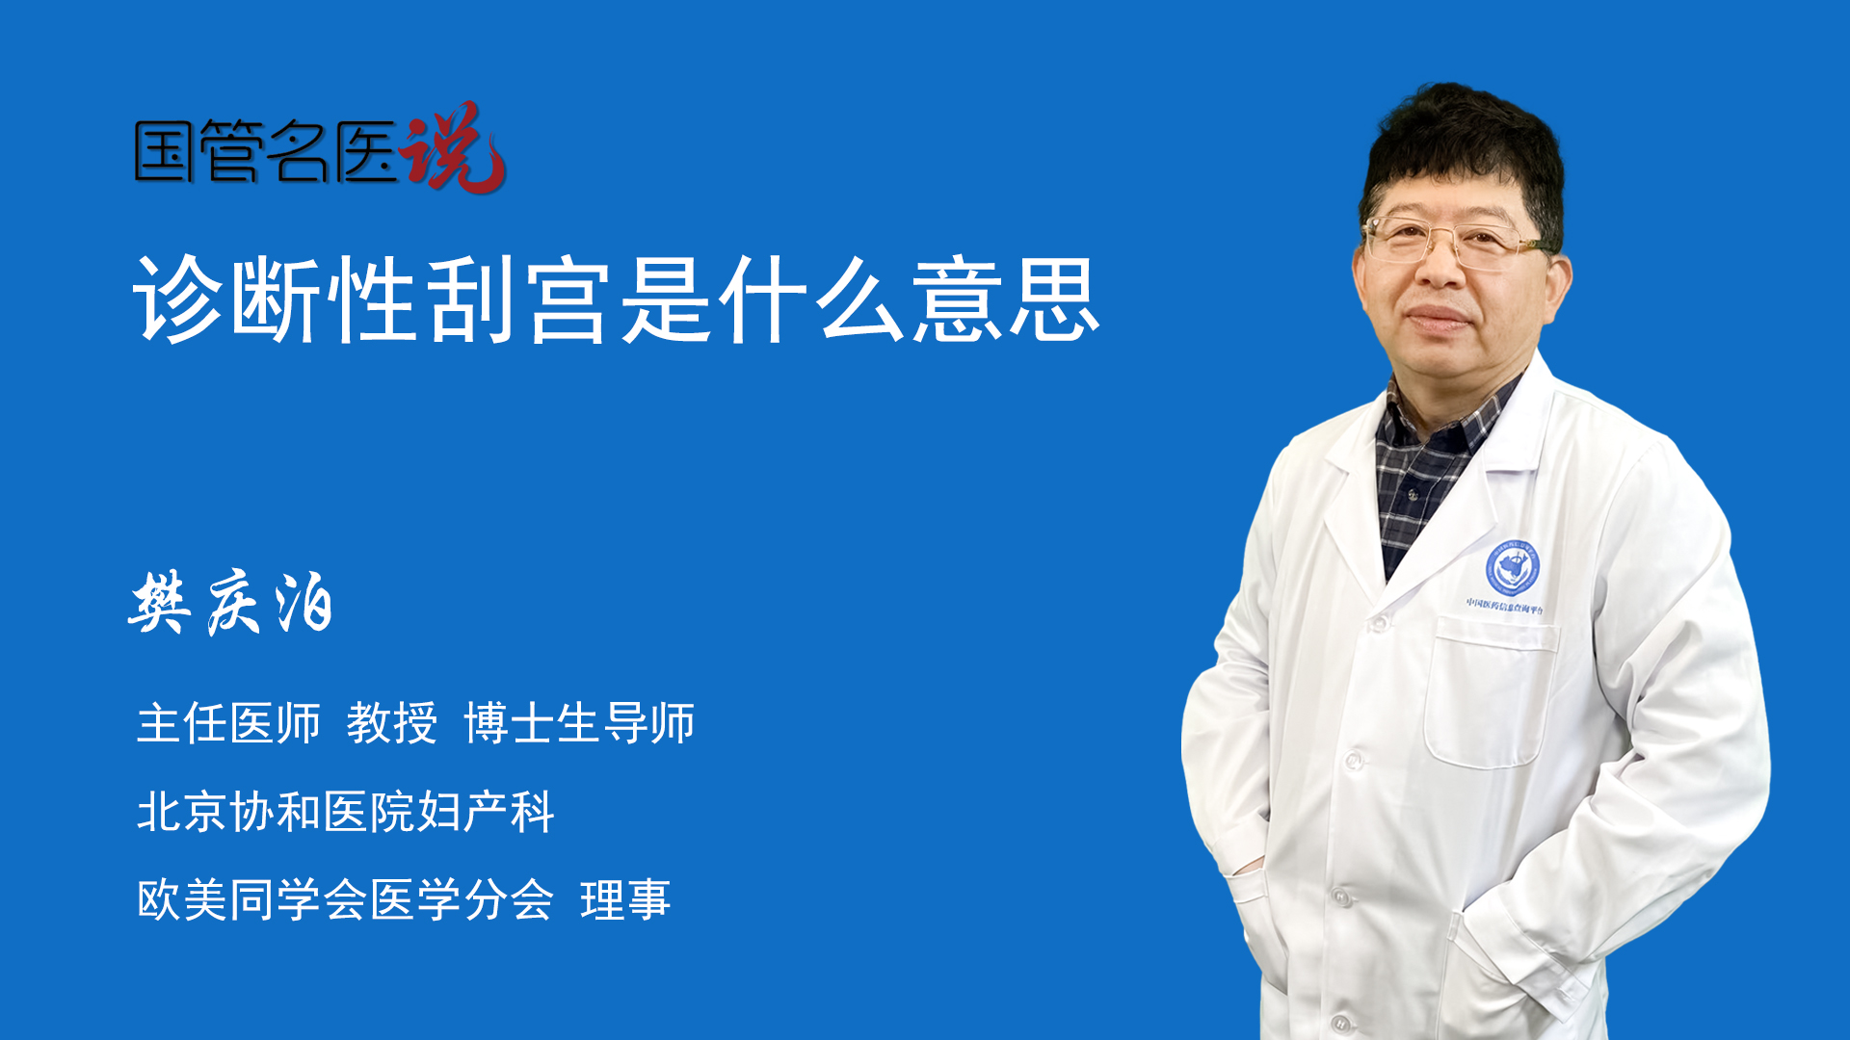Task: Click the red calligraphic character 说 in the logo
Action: pyautogui.click(x=453, y=146)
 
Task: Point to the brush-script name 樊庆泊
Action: pyautogui.click(x=231, y=603)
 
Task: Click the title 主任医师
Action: pyautogui.click(x=228, y=723)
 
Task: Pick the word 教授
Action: pyautogui.click(x=391, y=723)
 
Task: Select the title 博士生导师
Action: pyautogui.click(x=579, y=723)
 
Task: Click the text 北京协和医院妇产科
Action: pyautogui.click(x=345, y=812)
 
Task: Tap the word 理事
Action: pyautogui.click(x=625, y=900)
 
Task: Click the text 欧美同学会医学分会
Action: pyautogui.click(x=345, y=900)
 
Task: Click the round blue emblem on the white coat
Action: pyautogui.click(x=1512, y=568)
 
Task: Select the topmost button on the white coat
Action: pyautogui.click(x=1378, y=624)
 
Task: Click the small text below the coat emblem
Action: pyautogui.click(x=1505, y=606)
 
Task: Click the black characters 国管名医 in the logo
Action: pyautogui.click(x=266, y=151)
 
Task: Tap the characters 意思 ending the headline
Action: pyautogui.click(x=1006, y=299)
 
